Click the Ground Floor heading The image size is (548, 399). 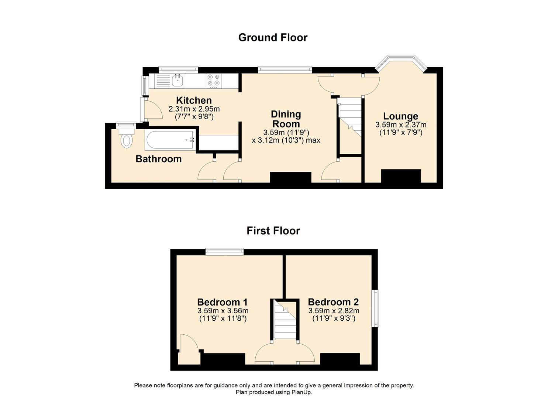273,37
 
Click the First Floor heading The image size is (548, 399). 273,231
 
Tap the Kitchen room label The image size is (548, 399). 194,100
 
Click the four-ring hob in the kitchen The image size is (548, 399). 213,80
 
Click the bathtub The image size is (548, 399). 169,140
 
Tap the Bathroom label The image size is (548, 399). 159,159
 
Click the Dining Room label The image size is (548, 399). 286,119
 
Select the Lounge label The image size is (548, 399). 400,116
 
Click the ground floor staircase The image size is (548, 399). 350,118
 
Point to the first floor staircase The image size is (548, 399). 285,321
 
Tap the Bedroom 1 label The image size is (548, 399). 222,302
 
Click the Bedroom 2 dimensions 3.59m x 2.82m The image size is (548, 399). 334,311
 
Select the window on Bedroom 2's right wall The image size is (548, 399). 375,308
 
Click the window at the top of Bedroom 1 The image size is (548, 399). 224,251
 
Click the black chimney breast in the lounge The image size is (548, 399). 401,176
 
